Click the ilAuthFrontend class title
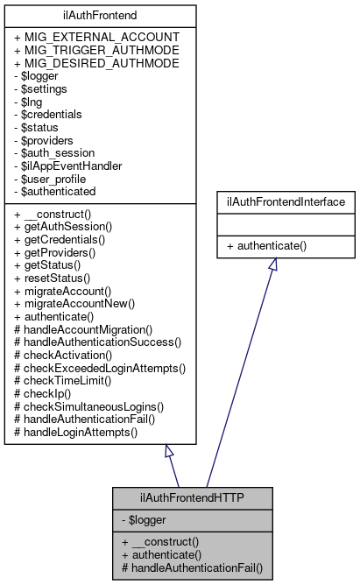[x=101, y=15]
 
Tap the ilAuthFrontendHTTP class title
[x=193, y=499]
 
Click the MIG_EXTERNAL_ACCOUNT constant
[x=97, y=37]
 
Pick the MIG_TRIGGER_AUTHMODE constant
[x=97, y=50]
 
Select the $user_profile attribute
[x=52, y=178]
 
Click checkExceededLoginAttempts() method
[x=101, y=368]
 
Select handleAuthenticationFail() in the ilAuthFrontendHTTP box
[x=192, y=567]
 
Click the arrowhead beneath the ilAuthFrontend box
[x=170, y=452]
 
